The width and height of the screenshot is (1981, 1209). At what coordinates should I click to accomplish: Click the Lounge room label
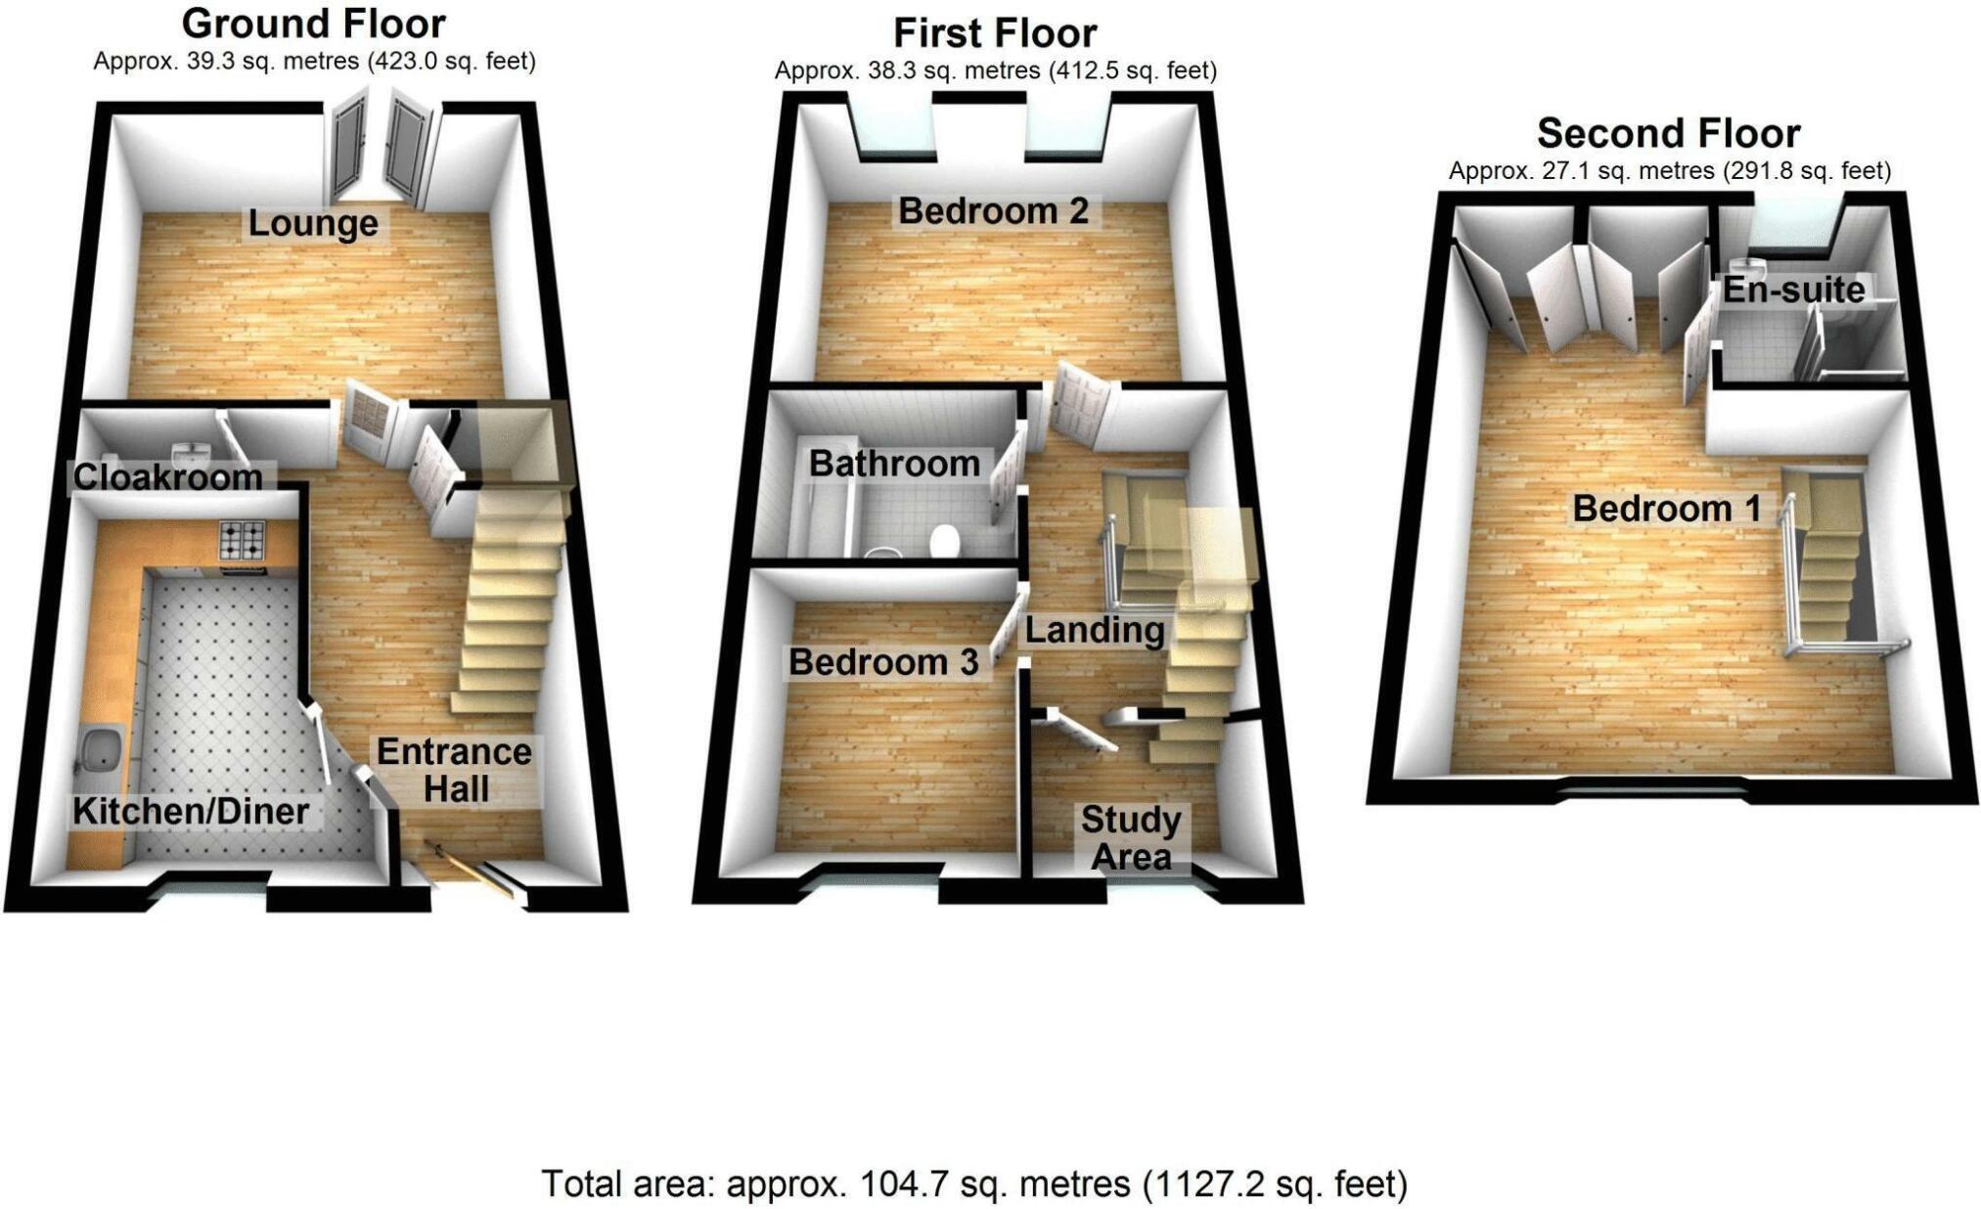point(313,223)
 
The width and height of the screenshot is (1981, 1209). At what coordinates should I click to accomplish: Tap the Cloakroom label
point(167,477)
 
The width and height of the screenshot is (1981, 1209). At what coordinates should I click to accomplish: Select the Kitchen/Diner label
point(191,811)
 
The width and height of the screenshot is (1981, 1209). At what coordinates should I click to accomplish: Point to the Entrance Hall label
point(455,771)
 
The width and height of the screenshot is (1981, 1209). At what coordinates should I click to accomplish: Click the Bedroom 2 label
point(993,211)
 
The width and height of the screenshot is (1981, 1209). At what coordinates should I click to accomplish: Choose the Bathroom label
point(894,464)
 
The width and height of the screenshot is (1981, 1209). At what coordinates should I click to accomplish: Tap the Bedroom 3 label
point(883,663)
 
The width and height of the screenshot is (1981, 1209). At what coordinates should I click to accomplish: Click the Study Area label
point(1131,838)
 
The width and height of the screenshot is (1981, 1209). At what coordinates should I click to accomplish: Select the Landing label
point(1094,631)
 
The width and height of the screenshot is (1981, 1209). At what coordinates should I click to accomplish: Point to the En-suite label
point(1793,290)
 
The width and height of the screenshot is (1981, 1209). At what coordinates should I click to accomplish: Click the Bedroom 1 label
point(1666,509)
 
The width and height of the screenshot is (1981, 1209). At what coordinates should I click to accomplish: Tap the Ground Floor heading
point(313,23)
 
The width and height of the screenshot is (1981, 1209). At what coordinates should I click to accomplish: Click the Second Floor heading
point(1668,133)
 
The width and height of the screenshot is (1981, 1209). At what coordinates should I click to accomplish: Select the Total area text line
point(974,1185)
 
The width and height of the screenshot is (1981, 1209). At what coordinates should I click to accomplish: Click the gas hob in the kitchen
point(243,539)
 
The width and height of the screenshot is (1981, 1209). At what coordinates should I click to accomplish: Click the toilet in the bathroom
point(944,541)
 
